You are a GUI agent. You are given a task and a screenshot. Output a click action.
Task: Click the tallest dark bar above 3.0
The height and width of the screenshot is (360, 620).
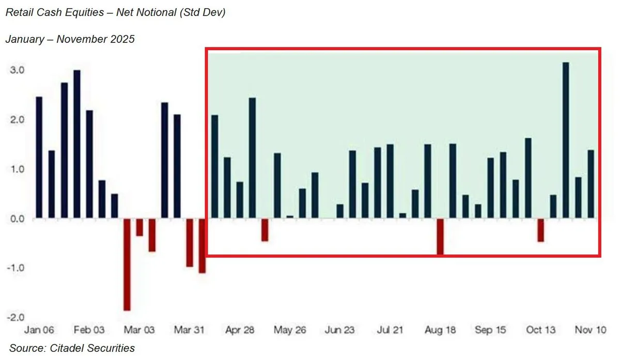coord(566,139)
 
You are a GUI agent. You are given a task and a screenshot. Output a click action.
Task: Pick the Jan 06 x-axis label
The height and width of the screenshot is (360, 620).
coord(39,330)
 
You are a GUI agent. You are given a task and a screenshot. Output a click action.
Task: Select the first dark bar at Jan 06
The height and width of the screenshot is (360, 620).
coord(39,158)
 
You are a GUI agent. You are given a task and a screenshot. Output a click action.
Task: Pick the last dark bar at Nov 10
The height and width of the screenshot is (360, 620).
coord(591,184)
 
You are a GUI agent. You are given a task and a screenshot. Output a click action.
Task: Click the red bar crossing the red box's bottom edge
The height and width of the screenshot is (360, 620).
coord(440,237)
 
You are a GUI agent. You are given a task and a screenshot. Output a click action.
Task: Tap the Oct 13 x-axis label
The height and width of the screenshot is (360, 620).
coord(541,330)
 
